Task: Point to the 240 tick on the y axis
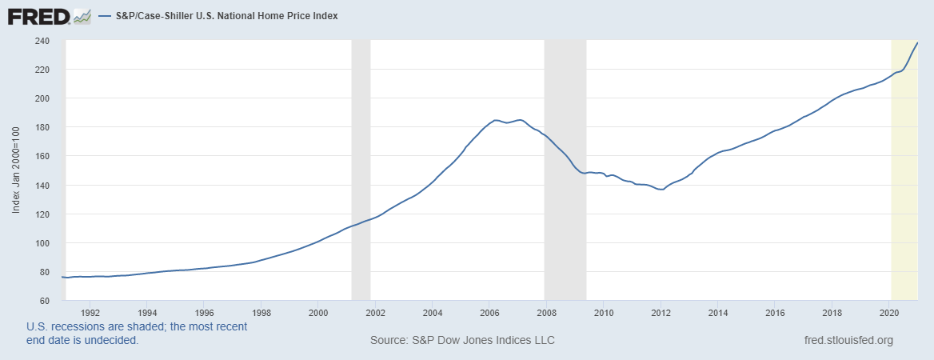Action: [x=42, y=41]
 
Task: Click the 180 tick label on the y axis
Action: [x=42, y=127]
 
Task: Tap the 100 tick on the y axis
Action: [x=42, y=243]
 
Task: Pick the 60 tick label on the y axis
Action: [x=45, y=301]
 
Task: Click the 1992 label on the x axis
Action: [x=90, y=312]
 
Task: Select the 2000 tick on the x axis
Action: [x=318, y=312]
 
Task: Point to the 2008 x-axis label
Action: [x=546, y=312]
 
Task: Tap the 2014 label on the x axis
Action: [x=717, y=312]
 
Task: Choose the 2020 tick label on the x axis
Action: [x=888, y=312]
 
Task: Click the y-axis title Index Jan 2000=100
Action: [x=16, y=170]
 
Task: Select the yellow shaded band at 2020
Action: [x=904, y=200]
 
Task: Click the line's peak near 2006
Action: [x=496, y=120]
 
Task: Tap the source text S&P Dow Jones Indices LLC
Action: [x=462, y=341]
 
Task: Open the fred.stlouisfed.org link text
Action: [x=848, y=341]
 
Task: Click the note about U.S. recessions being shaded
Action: [x=137, y=334]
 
